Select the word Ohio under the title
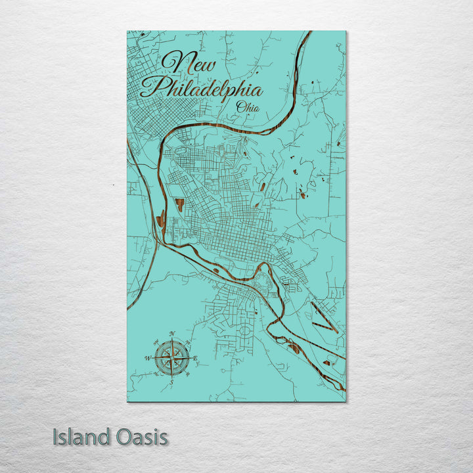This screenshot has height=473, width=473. click(248, 107)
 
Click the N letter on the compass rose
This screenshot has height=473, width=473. click(172, 333)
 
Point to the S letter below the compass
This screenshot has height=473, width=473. click(171, 381)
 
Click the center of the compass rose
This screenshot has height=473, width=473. click(171, 357)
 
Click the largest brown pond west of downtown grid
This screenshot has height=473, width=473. click(179, 204)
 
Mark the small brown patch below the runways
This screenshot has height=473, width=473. click(327, 362)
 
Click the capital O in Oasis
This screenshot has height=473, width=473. click(122, 437)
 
